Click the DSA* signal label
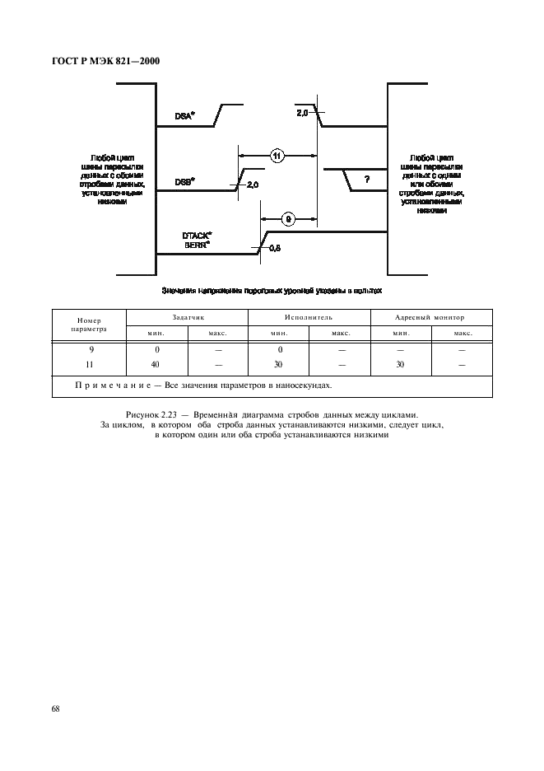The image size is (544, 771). pos(184,116)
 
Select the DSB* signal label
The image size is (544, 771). pos(184,182)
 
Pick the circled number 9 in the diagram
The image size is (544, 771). pos(288,218)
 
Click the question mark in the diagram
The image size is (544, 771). pos(366,180)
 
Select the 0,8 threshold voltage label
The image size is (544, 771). pos(274,248)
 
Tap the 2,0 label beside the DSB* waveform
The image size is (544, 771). pos(252,185)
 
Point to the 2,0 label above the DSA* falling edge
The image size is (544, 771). pos(302,112)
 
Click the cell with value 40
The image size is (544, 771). pos(156,363)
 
